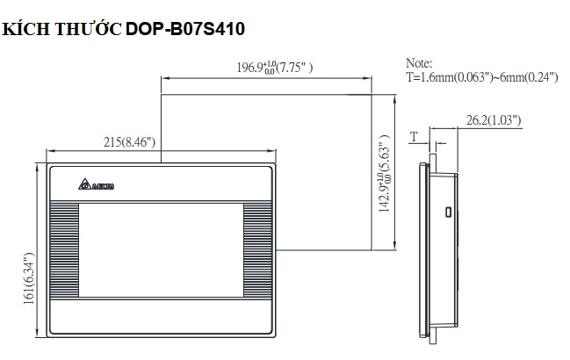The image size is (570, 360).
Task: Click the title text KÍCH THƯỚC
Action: click(61, 28)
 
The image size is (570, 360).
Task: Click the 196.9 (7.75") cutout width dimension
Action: click(275, 68)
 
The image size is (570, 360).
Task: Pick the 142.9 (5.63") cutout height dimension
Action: click(384, 176)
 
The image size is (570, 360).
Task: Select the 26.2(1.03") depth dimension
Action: click(491, 119)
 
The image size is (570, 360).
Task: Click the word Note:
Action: click(420, 64)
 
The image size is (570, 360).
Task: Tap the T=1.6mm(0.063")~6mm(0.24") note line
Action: click(482, 77)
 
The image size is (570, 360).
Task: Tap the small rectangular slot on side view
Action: click(447, 212)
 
